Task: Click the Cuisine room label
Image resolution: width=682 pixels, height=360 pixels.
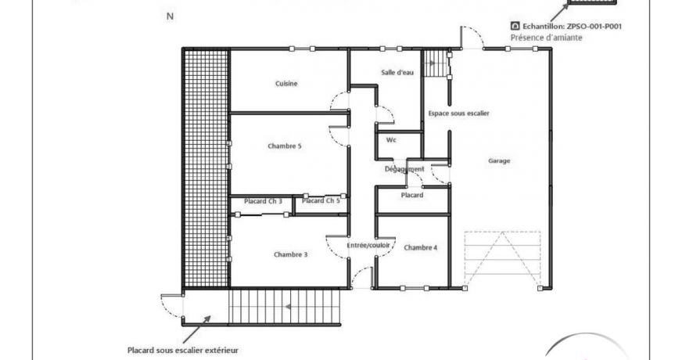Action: click(286, 84)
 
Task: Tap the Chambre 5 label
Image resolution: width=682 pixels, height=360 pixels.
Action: click(285, 146)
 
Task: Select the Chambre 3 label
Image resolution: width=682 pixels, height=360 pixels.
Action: click(290, 254)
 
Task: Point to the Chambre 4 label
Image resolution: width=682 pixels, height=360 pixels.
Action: click(421, 247)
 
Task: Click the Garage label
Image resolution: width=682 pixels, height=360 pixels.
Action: click(499, 160)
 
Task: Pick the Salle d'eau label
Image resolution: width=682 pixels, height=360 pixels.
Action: click(397, 72)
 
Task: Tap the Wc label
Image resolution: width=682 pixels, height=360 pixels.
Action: click(391, 140)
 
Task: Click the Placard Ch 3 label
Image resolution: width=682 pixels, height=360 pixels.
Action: click(263, 201)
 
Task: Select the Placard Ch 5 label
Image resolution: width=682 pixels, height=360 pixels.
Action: click(321, 200)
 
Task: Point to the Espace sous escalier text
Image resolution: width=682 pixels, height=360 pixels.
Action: click(459, 113)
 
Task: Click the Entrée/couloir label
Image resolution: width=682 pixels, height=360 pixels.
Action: click(368, 246)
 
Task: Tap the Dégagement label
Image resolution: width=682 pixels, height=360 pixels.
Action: click(404, 169)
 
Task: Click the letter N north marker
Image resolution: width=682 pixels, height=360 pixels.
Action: click(170, 16)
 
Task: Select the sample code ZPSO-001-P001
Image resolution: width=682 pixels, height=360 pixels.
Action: click(594, 26)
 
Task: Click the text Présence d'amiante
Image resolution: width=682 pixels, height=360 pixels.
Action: click(546, 38)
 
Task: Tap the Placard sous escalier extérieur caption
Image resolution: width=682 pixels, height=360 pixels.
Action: click(183, 350)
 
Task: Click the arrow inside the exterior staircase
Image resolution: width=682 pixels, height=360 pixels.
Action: click(288, 307)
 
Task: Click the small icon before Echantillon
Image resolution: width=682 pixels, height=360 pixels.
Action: click(515, 26)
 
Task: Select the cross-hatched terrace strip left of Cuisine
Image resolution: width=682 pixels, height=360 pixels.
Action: click(206, 169)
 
